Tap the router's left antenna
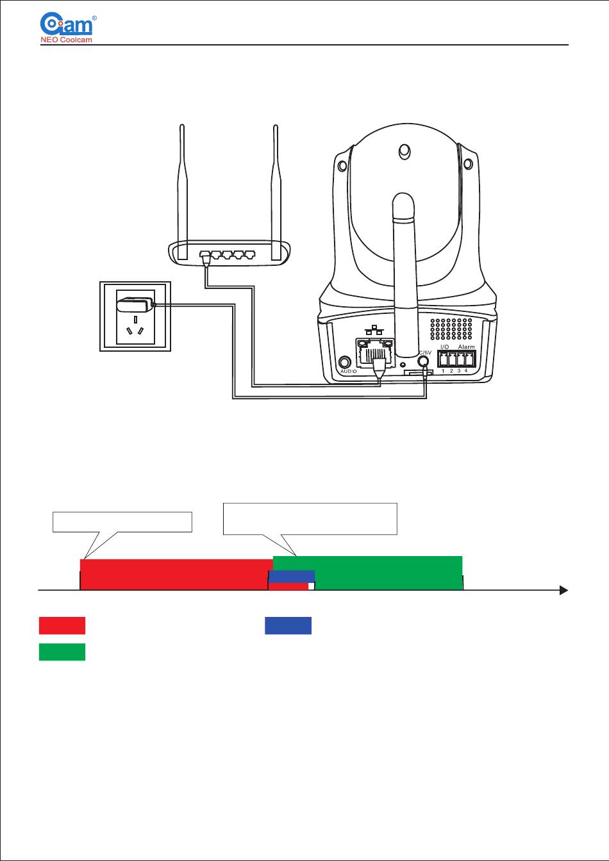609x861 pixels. coord(183,186)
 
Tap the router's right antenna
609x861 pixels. coord(276,186)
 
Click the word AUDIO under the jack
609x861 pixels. coord(348,372)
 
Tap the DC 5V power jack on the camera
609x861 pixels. coord(422,360)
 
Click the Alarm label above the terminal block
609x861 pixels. coord(466,347)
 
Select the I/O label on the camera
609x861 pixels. coord(445,347)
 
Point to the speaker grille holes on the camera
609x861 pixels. coord(452,329)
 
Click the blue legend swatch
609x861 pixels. coord(288,626)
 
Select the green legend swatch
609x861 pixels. coord(62,652)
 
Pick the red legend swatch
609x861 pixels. coord(62,626)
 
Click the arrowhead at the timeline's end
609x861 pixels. coord(563,590)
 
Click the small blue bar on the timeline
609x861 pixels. coord(292,576)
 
